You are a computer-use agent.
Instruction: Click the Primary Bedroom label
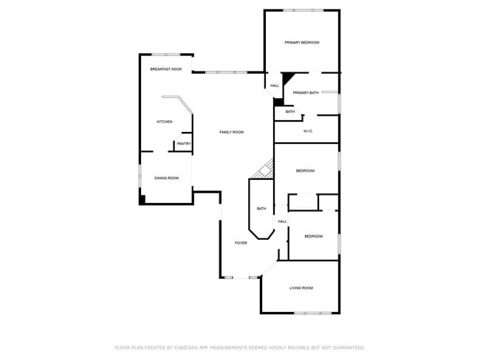click(302, 43)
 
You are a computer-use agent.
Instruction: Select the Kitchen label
click(165, 122)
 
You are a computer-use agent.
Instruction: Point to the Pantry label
click(184, 144)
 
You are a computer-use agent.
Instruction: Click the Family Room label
click(232, 132)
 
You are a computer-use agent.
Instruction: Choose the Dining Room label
click(167, 178)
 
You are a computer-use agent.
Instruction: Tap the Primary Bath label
click(306, 93)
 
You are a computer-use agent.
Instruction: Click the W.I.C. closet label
click(309, 131)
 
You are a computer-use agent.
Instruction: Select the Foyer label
click(241, 243)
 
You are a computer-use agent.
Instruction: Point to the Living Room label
click(301, 288)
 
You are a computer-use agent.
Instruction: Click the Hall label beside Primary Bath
click(275, 86)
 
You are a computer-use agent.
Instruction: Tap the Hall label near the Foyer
click(282, 221)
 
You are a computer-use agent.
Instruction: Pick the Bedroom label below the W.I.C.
click(306, 171)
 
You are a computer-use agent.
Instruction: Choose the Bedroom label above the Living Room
click(314, 236)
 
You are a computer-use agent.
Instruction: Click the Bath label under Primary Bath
click(290, 111)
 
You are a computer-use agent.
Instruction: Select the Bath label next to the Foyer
click(261, 209)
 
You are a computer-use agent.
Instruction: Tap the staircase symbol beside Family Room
click(262, 170)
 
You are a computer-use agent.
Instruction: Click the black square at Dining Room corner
click(143, 198)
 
